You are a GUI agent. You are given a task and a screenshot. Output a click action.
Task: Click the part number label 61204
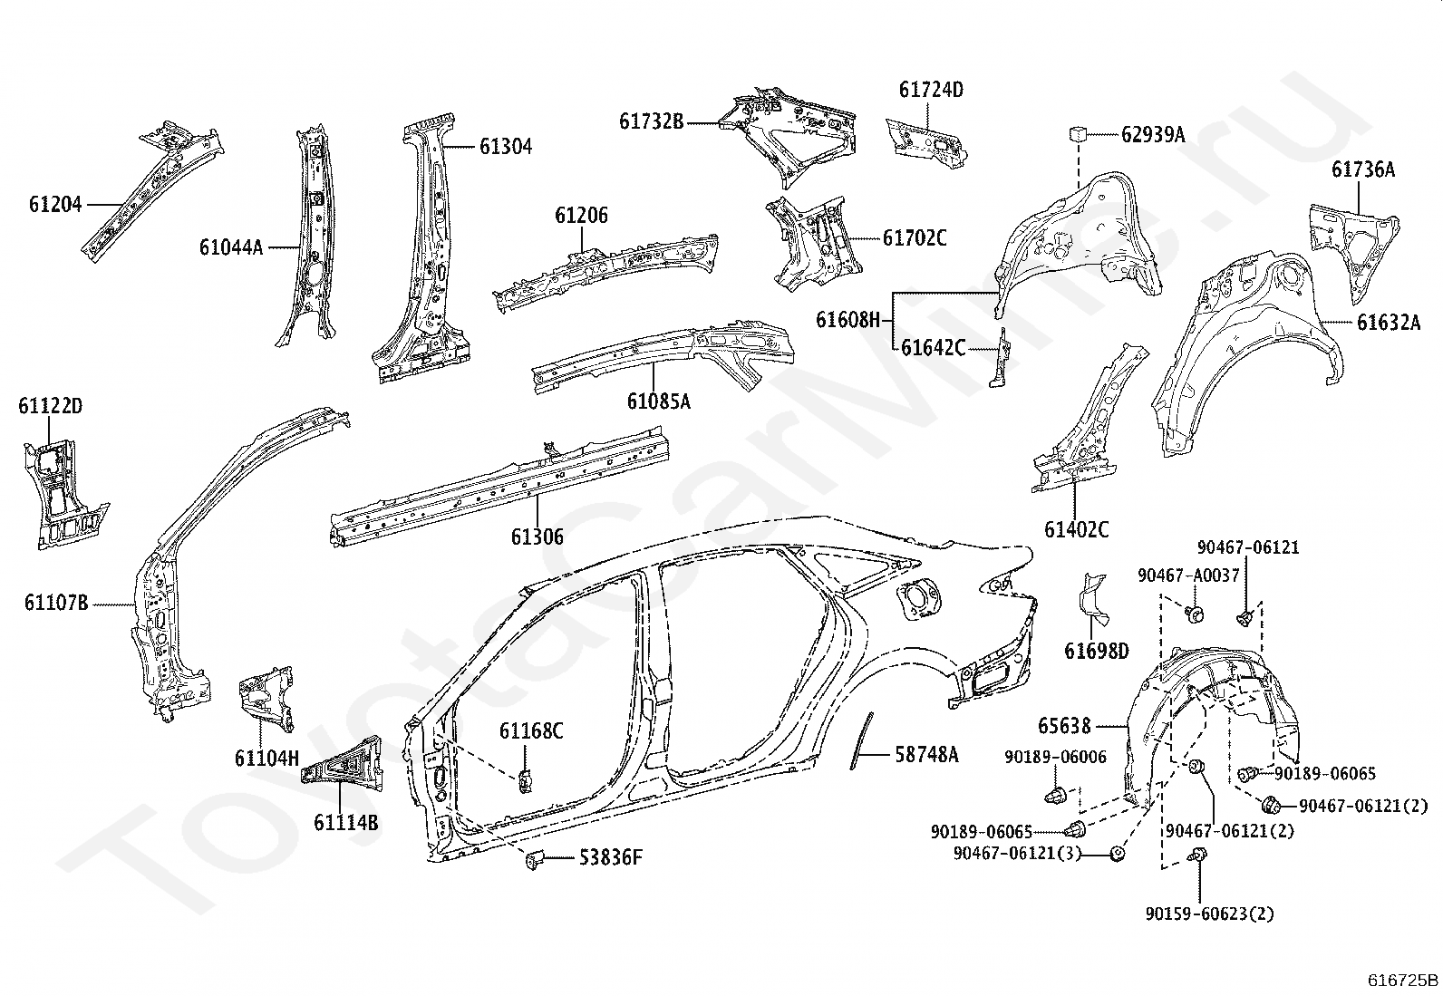pos(55,205)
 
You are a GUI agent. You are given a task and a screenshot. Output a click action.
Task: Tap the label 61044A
pos(231,247)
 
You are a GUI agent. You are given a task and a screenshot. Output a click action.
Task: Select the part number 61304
pos(506,147)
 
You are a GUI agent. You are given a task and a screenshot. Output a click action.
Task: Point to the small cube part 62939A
pos(1079,133)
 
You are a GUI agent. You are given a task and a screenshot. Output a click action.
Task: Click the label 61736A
pos(1363,169)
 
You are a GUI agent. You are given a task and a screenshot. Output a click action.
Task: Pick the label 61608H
pos(847,320)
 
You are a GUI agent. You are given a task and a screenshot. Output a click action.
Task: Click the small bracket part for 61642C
pos(1001,358)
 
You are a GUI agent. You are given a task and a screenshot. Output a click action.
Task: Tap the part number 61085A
pos(658,401)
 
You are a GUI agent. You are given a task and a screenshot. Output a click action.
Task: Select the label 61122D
pos(50,406)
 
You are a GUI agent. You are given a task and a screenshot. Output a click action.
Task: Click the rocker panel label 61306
pos(537,537)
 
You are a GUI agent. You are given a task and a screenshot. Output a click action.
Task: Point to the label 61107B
pos(56,603)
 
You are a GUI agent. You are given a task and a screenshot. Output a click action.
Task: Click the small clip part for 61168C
pos(525,780)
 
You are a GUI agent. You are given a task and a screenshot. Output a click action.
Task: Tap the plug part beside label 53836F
pos(535,859)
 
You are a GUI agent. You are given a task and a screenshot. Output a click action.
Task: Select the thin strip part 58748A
pos(861,740)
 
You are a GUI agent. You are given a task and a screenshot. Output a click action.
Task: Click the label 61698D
pos(1097,652)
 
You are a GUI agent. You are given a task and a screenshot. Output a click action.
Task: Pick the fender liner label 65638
pos(1064,726)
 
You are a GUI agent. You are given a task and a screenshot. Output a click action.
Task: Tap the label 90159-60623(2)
pos(1210,914)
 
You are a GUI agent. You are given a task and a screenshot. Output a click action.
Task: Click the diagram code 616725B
pos(1403,980)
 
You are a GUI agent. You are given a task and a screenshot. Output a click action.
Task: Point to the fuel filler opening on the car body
pos(918,601)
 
